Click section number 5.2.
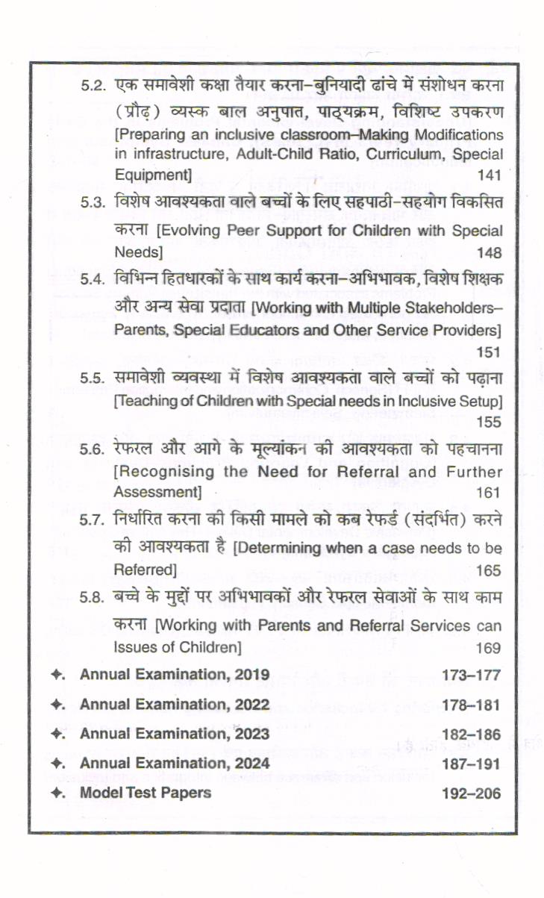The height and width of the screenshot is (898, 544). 96,87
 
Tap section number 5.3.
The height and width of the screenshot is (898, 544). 96,202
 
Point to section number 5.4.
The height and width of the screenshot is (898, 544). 96,279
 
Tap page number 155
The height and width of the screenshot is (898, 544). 488,423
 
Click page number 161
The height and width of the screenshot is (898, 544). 488,493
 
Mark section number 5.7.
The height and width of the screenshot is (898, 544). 96,520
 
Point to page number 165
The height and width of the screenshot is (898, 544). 488,571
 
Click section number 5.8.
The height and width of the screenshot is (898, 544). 96,597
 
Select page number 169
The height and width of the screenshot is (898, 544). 488,647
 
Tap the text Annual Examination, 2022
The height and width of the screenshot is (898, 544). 175,704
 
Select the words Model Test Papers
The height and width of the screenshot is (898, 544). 146,792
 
